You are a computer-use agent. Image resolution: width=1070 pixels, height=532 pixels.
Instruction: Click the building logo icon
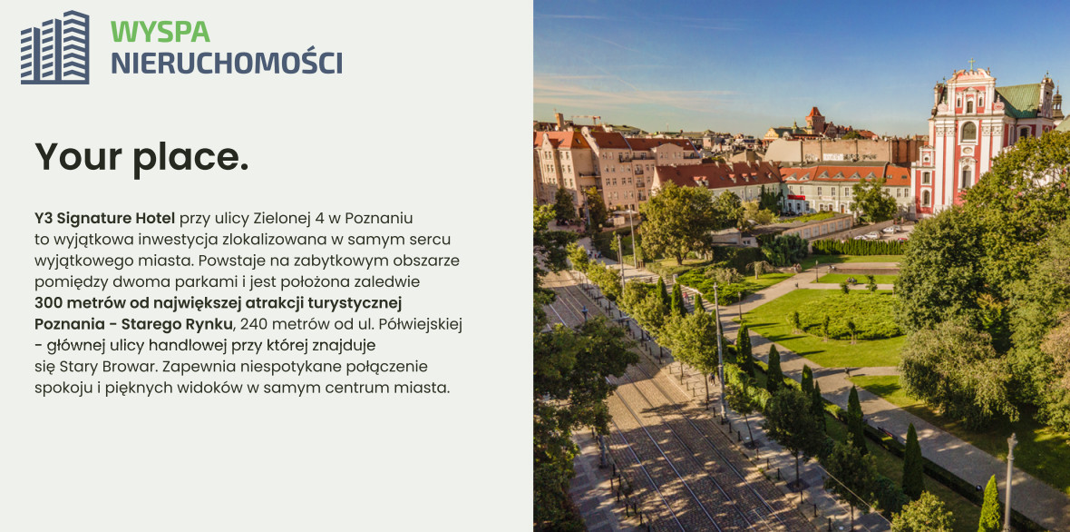pos(54,47)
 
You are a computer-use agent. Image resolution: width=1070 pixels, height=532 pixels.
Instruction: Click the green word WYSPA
pos(160,32)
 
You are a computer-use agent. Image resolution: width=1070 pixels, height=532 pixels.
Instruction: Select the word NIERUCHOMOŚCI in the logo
pos(227,62)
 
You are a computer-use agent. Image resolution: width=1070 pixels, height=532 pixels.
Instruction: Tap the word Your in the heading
pos(79,156)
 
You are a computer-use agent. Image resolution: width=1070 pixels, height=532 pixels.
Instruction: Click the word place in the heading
pos(191,158)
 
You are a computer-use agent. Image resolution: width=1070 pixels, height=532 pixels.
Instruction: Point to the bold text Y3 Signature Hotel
pos(105,219)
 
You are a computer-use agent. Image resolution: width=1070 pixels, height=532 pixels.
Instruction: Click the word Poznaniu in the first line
pos(379,219)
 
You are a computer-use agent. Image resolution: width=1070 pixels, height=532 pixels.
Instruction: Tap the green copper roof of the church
pos(1020,100)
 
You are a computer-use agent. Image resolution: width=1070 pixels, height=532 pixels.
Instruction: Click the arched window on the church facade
pos(968,131)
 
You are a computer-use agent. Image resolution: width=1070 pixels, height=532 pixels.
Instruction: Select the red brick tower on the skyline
pos(815,121)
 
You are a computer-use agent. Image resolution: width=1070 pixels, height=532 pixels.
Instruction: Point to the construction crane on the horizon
pos(586,117)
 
